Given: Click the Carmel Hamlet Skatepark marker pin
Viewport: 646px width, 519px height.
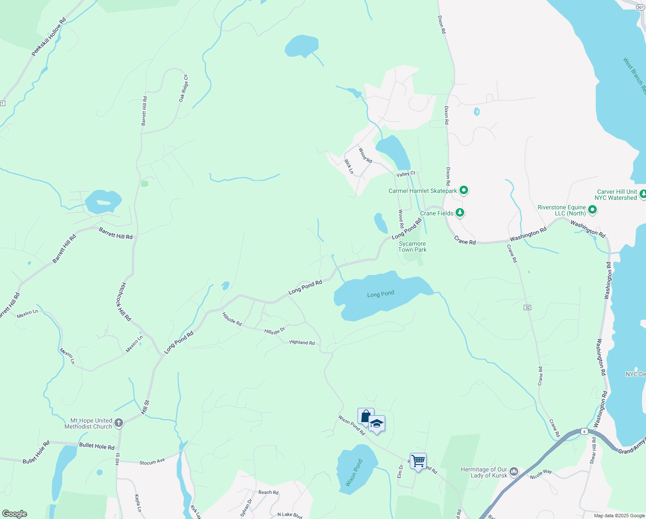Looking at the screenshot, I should (x=464, y=190).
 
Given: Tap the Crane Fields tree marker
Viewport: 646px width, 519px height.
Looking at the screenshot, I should (x=460, y=212).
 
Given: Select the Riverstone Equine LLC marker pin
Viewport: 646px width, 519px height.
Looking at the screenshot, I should (x=592, y=210).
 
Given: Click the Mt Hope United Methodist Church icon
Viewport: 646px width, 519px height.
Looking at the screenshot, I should (x=119, y=423).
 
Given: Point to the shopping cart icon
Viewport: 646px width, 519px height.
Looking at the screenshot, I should (x=418, y=461).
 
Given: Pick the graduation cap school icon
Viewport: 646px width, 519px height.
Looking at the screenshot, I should (x=377, y=424).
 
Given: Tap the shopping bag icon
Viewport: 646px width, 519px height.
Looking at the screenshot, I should (x=365, y=416).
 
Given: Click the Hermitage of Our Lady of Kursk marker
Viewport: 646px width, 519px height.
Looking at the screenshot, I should (x=513, y=471).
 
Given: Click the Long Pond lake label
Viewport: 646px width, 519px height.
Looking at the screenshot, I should (x=380, y=294).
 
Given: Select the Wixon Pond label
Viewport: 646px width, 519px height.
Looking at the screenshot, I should (x=354, y=473).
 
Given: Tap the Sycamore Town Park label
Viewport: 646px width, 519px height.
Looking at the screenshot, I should (x=412, y=247).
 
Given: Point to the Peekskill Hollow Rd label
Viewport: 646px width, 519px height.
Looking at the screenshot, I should (x=49, y=37).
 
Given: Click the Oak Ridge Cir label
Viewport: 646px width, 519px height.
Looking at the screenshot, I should (x=184, y=88).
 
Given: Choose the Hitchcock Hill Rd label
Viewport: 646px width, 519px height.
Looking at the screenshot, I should (x=123, y=301).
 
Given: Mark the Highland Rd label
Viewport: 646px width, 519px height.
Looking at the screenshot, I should (x=302, y=342).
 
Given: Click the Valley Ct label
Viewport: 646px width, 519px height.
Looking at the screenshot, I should (x=406, y=174).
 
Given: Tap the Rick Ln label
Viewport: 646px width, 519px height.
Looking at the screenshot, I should (x=348, y=166).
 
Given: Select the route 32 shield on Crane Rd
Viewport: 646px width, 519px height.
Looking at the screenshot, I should (x=527, y=307).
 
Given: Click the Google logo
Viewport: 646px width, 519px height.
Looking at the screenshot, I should (x=15, y=513).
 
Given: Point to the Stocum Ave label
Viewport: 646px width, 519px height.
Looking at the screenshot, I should (x=152, y=462).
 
